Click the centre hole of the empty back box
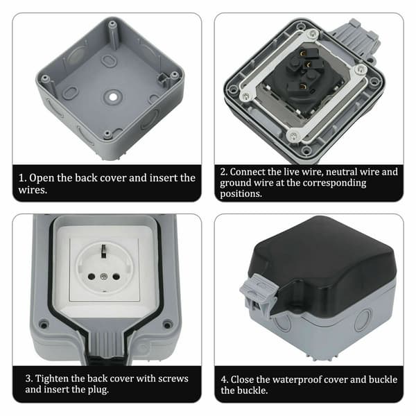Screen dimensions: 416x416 coord(113,97)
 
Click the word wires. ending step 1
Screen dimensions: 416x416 coord(33,190)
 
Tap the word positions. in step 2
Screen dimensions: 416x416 coord(241,194)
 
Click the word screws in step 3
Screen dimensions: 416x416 coord(173,379)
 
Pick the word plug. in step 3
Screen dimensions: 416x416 coord(97,390)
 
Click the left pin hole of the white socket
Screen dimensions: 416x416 coord(92,277)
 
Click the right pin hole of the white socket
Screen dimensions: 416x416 coord(116,277)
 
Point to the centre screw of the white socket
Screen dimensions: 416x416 coord(104,277)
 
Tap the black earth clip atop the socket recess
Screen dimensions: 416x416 coord(104,251)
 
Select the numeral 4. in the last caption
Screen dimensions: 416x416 coord(225,380)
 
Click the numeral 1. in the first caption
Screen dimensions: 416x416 coord(22,178)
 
